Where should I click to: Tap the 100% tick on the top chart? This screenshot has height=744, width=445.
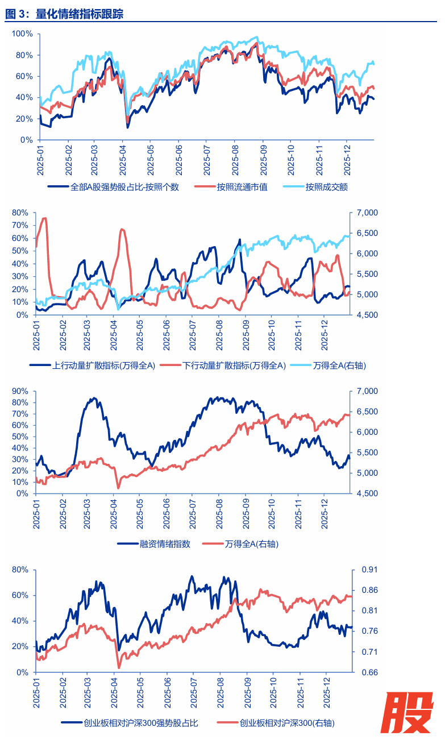[20, 34]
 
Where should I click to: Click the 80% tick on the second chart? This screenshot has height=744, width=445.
[20, 213]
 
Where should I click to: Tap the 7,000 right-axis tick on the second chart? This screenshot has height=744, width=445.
[366, 213]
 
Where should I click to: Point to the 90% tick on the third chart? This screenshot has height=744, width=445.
[20, 391]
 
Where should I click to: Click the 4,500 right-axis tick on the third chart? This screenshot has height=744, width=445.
[366, 493]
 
